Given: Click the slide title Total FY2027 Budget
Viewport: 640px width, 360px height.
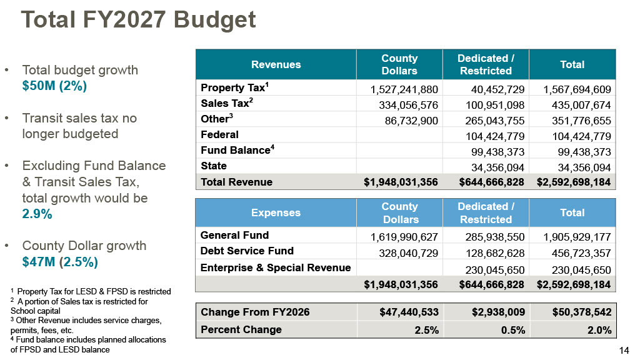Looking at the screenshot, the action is (x=138, y=19).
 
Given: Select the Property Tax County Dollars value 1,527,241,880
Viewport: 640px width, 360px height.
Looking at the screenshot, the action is (x=404, y=89).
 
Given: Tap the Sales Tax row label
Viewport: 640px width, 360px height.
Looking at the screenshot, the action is (x=226, y=103).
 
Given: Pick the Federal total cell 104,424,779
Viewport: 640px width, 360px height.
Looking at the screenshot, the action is (x=581, y=136).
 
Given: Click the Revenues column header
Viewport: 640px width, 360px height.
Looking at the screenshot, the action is (x=276, y=64).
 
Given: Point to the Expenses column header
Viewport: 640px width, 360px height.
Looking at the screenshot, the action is (x=276, y=212).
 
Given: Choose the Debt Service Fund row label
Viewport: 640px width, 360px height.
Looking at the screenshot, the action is (x=247, y=251).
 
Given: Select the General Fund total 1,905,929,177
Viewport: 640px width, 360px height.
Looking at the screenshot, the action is (x=577, y=237).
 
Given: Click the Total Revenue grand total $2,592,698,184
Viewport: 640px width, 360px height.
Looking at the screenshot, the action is (x=574, y=182).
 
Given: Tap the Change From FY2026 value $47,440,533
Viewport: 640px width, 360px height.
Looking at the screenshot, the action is (x=409, y=312).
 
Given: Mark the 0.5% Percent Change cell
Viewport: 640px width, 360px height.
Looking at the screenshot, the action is (x=513, y=330).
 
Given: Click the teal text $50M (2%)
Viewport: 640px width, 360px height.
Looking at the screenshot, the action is (x=54, y=86).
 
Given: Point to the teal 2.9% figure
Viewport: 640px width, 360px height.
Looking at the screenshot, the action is (x=37, y=214).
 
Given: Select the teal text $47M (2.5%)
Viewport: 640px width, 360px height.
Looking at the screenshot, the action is (x=60, y=262).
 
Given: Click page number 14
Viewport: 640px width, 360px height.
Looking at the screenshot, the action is (x=624, y=350).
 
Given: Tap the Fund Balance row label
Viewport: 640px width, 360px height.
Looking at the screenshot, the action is (x=237, y=150).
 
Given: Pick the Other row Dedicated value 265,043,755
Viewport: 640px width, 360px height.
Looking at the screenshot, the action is (x=495, y=121).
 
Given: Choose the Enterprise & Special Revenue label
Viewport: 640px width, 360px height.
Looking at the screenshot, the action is (x=276, y=267).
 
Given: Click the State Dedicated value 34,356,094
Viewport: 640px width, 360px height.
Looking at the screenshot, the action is (x=498, y=167).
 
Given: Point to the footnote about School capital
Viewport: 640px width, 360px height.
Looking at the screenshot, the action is (x=79, y=306).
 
